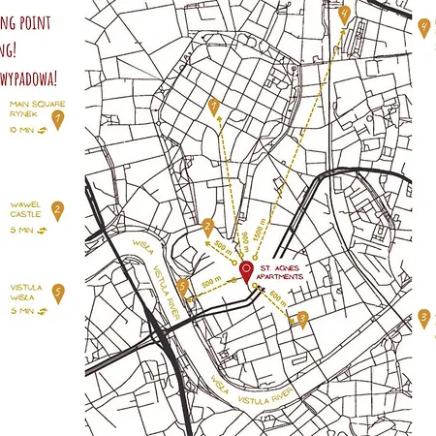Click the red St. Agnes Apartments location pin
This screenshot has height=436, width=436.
246,271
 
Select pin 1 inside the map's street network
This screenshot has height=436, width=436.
214,108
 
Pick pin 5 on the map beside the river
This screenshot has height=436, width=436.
184,286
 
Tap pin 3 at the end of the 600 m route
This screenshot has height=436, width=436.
302,318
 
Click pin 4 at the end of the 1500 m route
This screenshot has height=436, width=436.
344,14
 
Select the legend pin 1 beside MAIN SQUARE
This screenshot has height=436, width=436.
57,120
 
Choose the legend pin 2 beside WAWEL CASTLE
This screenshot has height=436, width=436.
57,210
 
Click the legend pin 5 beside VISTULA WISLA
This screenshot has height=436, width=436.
57,293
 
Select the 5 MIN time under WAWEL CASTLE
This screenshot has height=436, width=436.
21,231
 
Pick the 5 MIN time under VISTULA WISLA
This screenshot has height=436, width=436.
21,312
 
